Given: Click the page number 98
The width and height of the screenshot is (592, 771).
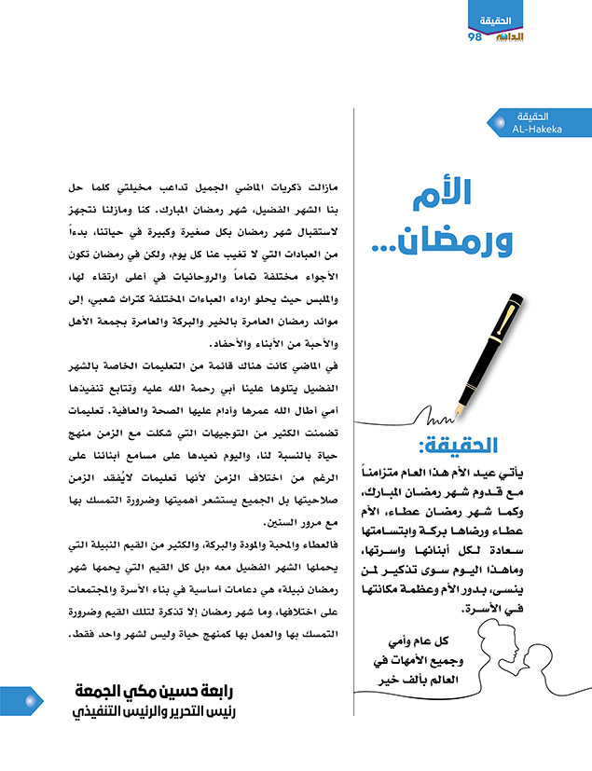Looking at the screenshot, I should tap(475, 36).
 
